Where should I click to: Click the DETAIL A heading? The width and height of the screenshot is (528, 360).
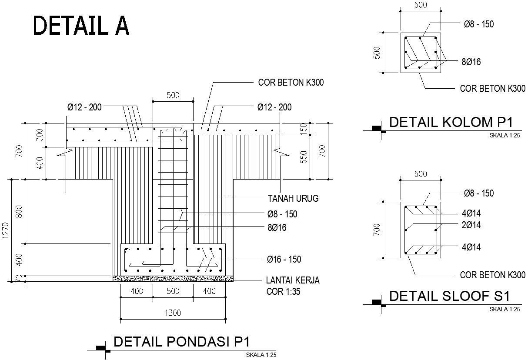[x=81, y=26]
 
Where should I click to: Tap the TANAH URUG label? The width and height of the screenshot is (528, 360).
[x=293, y=199]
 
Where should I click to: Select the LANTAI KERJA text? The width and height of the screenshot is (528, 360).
[x=293, y=280]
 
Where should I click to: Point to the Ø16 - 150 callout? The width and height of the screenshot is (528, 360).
[x=284, y=260]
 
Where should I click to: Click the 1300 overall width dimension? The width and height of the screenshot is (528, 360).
[x=173, y=313]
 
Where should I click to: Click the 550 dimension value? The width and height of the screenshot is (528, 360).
[x=304, y=157]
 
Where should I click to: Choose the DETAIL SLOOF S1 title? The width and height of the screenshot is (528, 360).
[x=449, y=297]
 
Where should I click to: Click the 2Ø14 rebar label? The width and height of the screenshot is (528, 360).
[x=471, y=225]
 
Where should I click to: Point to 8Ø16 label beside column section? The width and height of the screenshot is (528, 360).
[x=471, y=62]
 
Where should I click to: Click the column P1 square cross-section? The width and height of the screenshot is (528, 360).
[x=421, y=53]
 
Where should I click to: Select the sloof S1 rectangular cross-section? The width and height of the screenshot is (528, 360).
[x=421, y=230]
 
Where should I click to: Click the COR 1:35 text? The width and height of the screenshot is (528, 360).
[x=283, y=292]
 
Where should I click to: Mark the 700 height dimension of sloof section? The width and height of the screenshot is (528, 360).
[x=377, y=229]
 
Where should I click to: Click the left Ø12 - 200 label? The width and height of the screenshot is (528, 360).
[x=84, y=107]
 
